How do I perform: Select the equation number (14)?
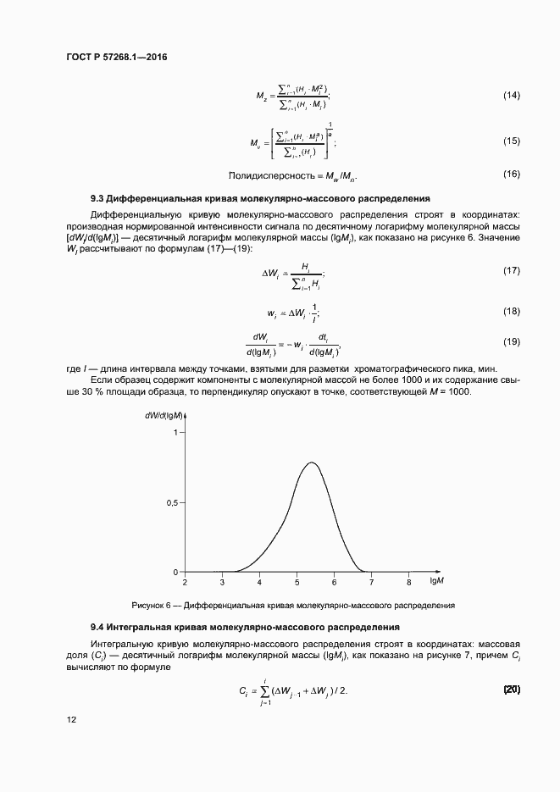tap(511, 95)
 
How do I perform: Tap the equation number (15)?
tap(511, 141)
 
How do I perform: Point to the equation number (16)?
tap(511, 174)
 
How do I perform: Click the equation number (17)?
tap(511, 270)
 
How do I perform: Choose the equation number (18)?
tap(511, 311)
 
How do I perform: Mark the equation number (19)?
tap(511, 341)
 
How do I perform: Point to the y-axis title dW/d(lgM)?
tap(164, 415)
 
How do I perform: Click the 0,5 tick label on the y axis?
tap(170, 502)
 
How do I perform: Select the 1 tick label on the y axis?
tap(175, 433)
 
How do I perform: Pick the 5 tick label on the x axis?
tap(297, 583)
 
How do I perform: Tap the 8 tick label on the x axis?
tap(408, 583)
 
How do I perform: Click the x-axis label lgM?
tap(437, 583)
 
